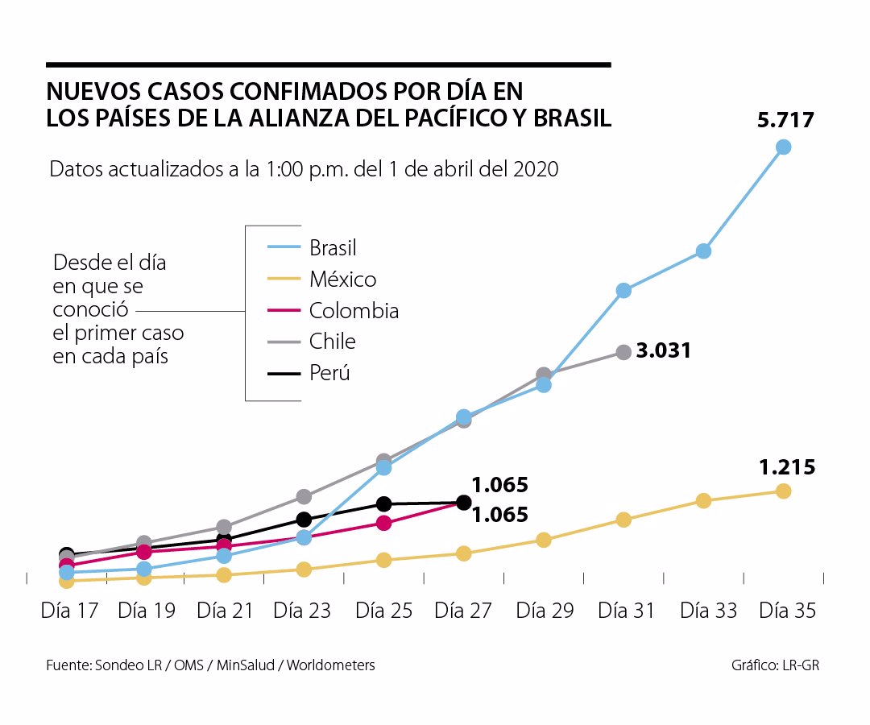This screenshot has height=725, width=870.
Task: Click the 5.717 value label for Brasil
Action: pos(785,121)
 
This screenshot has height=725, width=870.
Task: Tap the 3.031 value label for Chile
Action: pos(663,351)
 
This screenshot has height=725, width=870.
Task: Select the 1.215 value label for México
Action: pos(786,467)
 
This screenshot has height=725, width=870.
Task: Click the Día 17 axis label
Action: pos(69,611)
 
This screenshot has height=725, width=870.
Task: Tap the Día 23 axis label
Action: pos(302,611)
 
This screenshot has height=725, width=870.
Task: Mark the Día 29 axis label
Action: pos(545,611)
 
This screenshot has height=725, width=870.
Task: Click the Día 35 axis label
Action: pos(787,611)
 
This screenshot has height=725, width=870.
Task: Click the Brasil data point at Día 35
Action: pos(783,147)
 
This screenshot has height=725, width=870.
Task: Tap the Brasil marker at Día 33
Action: pos(703,251)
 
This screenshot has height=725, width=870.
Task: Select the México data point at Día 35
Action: pos(783,491)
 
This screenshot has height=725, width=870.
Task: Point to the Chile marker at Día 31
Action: pos(623,352)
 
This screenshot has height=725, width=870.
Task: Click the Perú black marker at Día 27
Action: pos(463,503)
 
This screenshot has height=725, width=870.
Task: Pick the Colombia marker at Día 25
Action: pos(384,524)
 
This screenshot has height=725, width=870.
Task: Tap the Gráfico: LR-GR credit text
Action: pos(776,665)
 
